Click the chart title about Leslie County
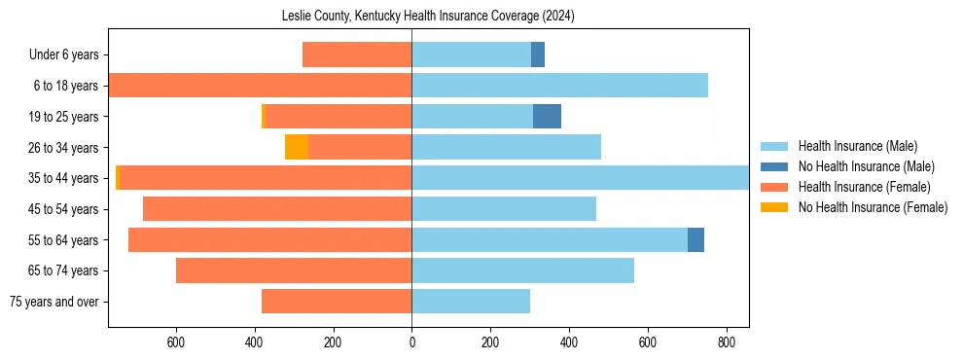pyautogui.click(x=428, y=16)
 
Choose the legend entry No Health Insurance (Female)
pyautogui.click(x=873, y=206)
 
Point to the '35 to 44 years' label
pyautogui.click(x=63, y=178)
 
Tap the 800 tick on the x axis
pyautogui.click(x=726, y=342)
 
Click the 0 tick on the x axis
pyautogui.click(x=411, y=342)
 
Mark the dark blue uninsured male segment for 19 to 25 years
pyautogui.click(x=547, y=117)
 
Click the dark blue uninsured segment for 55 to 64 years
pyautogui.click(x=695, y=239)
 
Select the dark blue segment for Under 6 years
pyautogui.click(x=537, y=54)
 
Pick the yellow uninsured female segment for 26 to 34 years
pyautogui.click(x=296, y=147)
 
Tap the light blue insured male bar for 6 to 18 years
pyautogui.click(x=559, y=86)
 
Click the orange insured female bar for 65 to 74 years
pyautogui.click(x=294, y=270)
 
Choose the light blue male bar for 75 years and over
pyautogui.click(x=471, y=302)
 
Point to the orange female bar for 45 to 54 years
pyautogui.click(x=277, y=209)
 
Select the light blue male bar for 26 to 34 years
pyautogui.click(x=506, y=147)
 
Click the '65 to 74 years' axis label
pyautogui.click(x=63, y=270)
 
